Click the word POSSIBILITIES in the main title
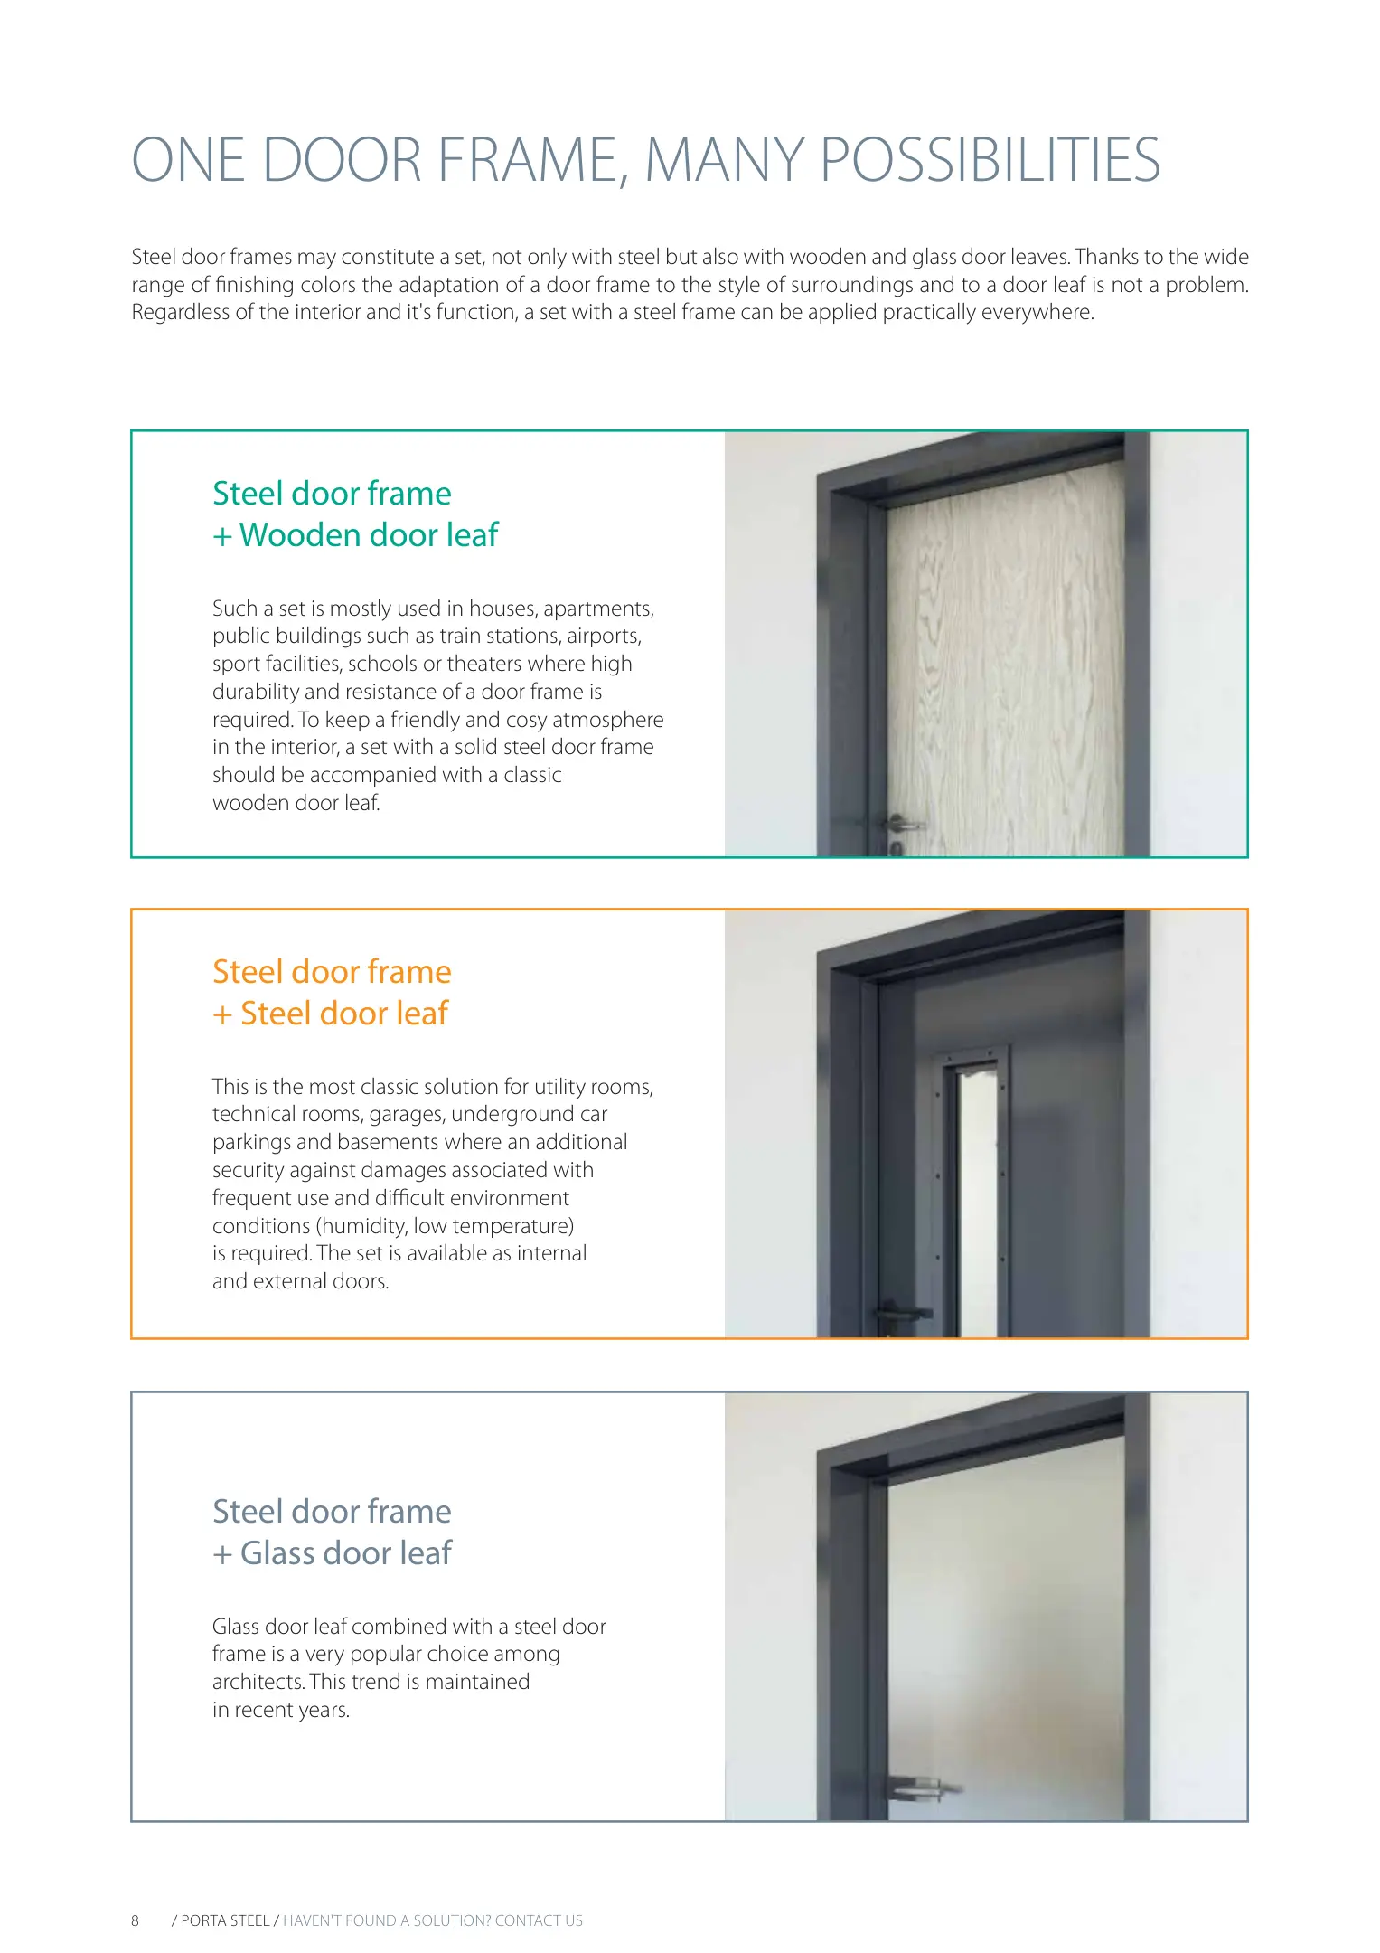(990, 161)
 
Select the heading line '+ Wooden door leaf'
(355, 535)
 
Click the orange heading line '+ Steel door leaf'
(331, 1014)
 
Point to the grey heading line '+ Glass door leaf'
(333, 1553)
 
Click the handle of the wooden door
(903, 824)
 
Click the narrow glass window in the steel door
(978, 1203)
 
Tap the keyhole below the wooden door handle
(896, 848)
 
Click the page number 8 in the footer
(136, 1920)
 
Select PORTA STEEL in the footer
(225, 1920)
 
